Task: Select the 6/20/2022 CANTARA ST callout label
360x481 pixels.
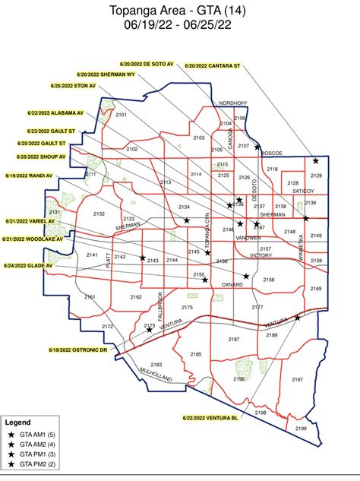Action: tap(213, 66)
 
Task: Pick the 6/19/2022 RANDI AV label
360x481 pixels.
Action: tap(29, 176)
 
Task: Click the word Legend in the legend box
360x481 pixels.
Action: tap(18, 421)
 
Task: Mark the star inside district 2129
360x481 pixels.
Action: tap(315, 161)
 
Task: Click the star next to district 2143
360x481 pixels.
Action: tap(142, 258)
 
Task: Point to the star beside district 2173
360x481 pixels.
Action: tap(150, 330)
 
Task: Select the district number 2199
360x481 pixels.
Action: tap(301, 429)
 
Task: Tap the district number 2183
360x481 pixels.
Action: tap(156, 365)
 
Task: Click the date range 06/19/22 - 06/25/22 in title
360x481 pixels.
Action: tap(180, 24)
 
